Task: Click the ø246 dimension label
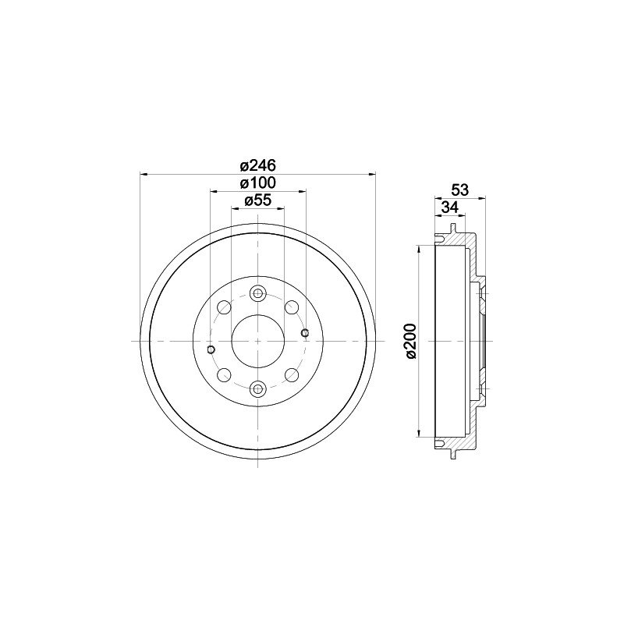click(258, 165)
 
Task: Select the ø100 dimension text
click(258, 183)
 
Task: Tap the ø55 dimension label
click(258, 200)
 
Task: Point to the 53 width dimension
click(460, 190)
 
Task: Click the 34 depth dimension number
click(451, 207)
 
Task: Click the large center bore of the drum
click(258, 341)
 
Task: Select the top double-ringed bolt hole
click(258, 294)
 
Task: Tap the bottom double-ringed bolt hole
click(258, 388)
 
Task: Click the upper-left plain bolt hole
click(225, 307)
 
